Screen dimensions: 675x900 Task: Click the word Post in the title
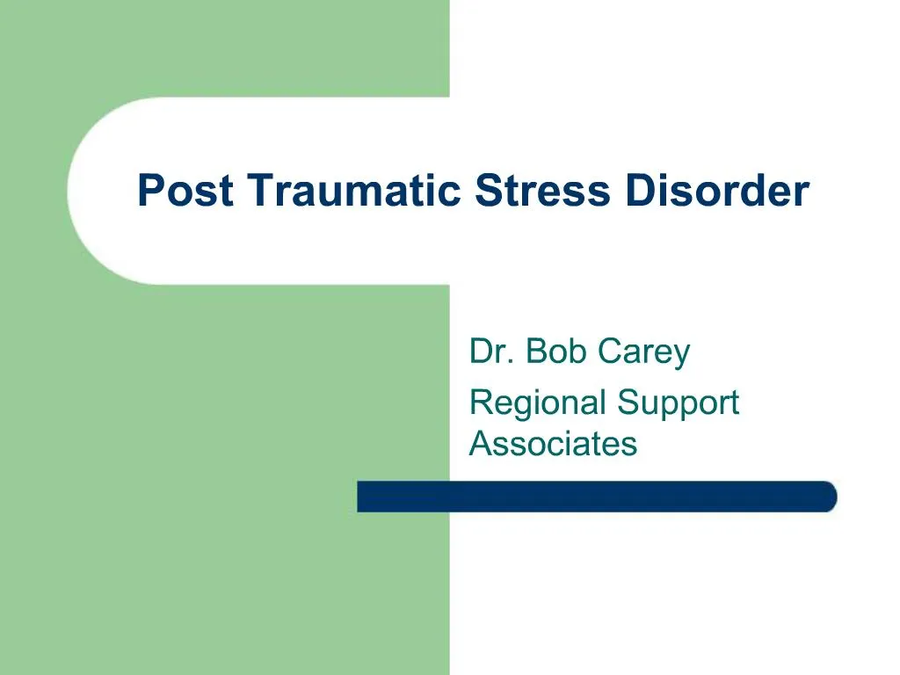click(185, 191)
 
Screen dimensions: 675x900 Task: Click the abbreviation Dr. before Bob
click(488, 352)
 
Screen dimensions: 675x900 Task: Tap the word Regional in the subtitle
click(537, 403)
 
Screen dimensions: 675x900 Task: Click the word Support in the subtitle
click(678, 403)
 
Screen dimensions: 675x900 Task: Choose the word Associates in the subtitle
click(553, 443)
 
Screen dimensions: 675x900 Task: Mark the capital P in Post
click(149, 191)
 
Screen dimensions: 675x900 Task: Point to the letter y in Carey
click(680, 356)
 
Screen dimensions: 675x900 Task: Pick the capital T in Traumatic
click(258, 191)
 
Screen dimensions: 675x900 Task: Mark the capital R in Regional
click(482, 403)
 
